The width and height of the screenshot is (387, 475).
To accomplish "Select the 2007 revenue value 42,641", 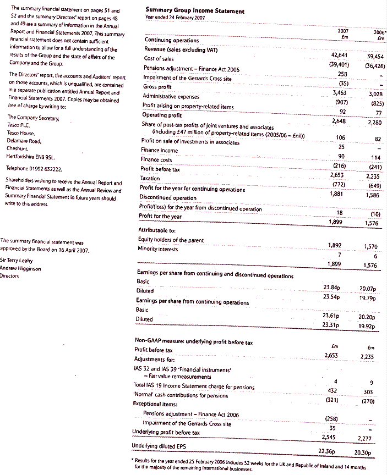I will point(342,56).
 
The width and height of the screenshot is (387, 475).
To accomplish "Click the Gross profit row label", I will point(157,86).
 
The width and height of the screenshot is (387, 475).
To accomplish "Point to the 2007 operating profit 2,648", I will point(342,121).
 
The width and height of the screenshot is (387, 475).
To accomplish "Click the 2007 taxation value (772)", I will point(341,184).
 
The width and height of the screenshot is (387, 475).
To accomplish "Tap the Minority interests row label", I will point(159,249).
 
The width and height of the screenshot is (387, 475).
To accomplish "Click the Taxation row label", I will point(150,179).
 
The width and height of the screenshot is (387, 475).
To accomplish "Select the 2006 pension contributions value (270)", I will point(368,401).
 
